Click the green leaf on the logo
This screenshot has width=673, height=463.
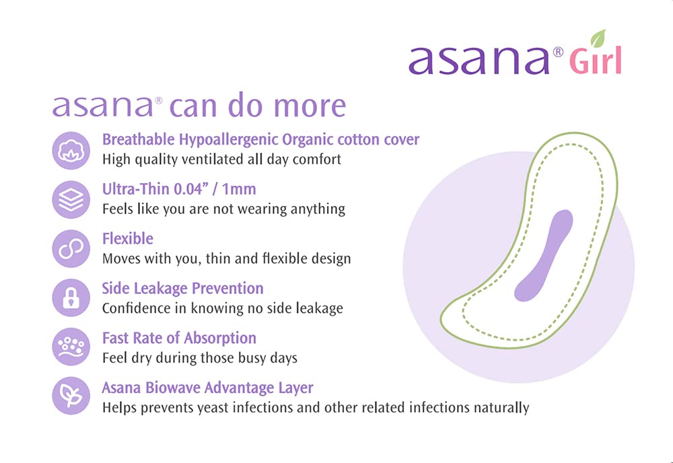point(598,38)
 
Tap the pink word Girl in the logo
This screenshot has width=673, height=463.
point(595,61)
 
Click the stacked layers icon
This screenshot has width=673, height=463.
point(71,199)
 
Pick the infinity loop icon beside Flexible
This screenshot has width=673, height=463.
point(71,248)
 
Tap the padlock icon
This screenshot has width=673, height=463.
point(71,297)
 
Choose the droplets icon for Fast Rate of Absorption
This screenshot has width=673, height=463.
point(71,347)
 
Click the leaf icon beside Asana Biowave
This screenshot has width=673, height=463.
point(71,396)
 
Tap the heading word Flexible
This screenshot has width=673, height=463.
point(127,239)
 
